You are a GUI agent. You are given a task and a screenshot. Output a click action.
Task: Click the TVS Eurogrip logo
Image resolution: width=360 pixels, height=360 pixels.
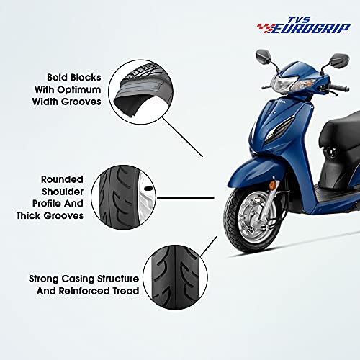point(304,25)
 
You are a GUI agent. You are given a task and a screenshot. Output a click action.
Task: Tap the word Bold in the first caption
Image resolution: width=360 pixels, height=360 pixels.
point(57,77)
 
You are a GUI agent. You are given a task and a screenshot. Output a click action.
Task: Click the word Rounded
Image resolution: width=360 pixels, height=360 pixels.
point(62,179)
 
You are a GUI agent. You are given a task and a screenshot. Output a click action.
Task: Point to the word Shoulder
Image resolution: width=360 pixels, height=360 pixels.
point(63,192)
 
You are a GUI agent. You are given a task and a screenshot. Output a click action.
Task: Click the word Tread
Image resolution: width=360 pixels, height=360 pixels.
point(126,291)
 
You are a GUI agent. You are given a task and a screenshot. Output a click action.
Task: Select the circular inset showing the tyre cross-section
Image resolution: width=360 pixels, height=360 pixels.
point(140,92)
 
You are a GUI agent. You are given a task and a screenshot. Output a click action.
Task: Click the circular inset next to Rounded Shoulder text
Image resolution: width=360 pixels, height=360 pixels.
point(123,197)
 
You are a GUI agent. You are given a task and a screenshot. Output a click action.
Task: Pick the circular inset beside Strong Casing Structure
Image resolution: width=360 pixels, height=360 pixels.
point(175,277)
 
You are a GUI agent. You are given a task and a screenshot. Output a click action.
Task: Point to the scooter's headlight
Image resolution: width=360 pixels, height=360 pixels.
point(284,83)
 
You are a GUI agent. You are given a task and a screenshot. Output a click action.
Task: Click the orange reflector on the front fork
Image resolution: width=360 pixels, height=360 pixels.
point(273,185)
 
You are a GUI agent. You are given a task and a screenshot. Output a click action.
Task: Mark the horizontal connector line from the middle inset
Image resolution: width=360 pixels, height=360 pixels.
point(185,198)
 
